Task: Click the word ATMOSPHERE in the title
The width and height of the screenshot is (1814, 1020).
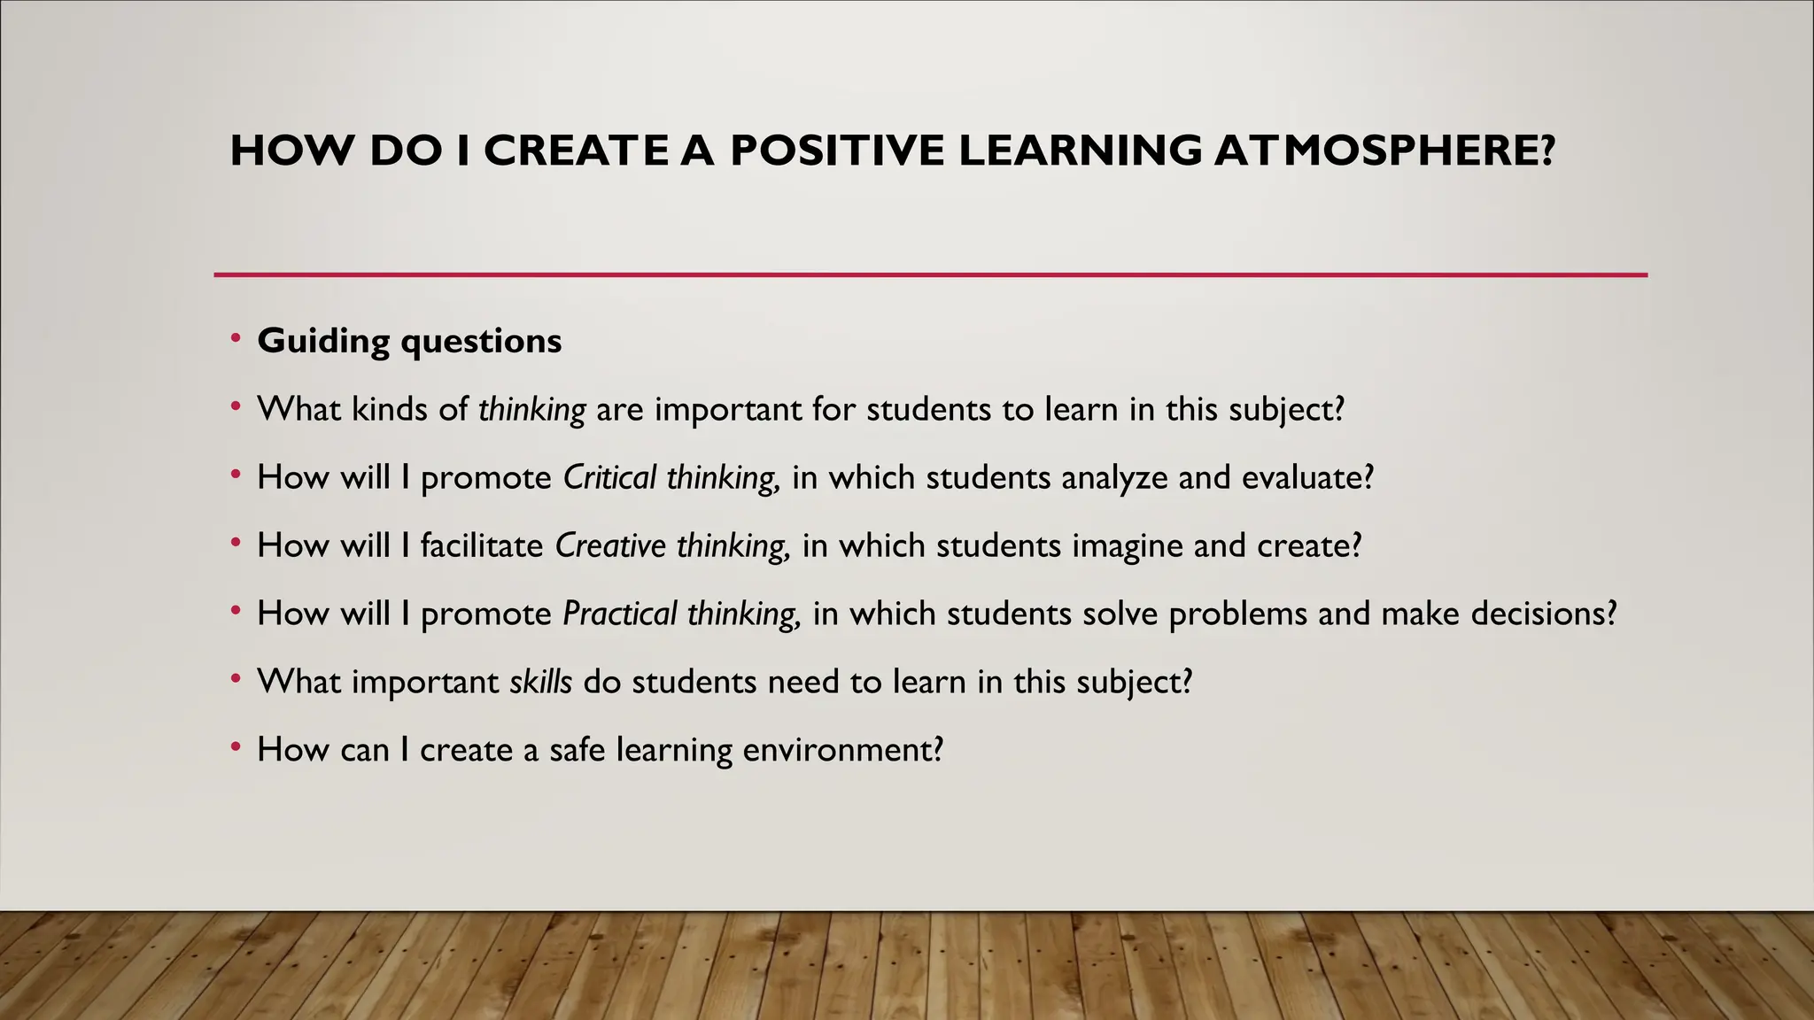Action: click(x=1384, y=151)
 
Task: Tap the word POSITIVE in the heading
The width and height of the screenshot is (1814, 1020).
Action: click(x=837, y=151)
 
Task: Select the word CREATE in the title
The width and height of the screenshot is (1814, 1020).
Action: click(x=577, y=151)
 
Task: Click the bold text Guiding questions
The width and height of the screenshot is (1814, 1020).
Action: click(x=409, y=341)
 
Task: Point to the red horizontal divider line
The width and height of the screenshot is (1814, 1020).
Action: click(x=930, y=275)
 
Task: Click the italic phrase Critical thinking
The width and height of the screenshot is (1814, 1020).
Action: click(x=671, y=478)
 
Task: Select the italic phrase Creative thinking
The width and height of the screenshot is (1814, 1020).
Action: click(x=672, y=545)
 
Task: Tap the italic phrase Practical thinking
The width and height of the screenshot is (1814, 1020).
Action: click(x=682, y=614)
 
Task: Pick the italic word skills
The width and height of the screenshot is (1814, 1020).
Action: click(x=541, y=682)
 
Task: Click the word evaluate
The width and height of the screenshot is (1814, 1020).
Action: click(x=1306, y=478)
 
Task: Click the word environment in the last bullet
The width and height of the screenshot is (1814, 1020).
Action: click(x=842, y=750)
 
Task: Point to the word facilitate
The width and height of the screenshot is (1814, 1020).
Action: click(x=482, y=545)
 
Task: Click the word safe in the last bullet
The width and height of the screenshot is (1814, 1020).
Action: click(x=577, y=750)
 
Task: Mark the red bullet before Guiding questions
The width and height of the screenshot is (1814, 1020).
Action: click(x=236, y=338)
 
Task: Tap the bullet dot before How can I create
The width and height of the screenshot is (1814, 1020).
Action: click(x=236, y=747)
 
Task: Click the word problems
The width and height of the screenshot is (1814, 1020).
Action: click(x=1237, y=614)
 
